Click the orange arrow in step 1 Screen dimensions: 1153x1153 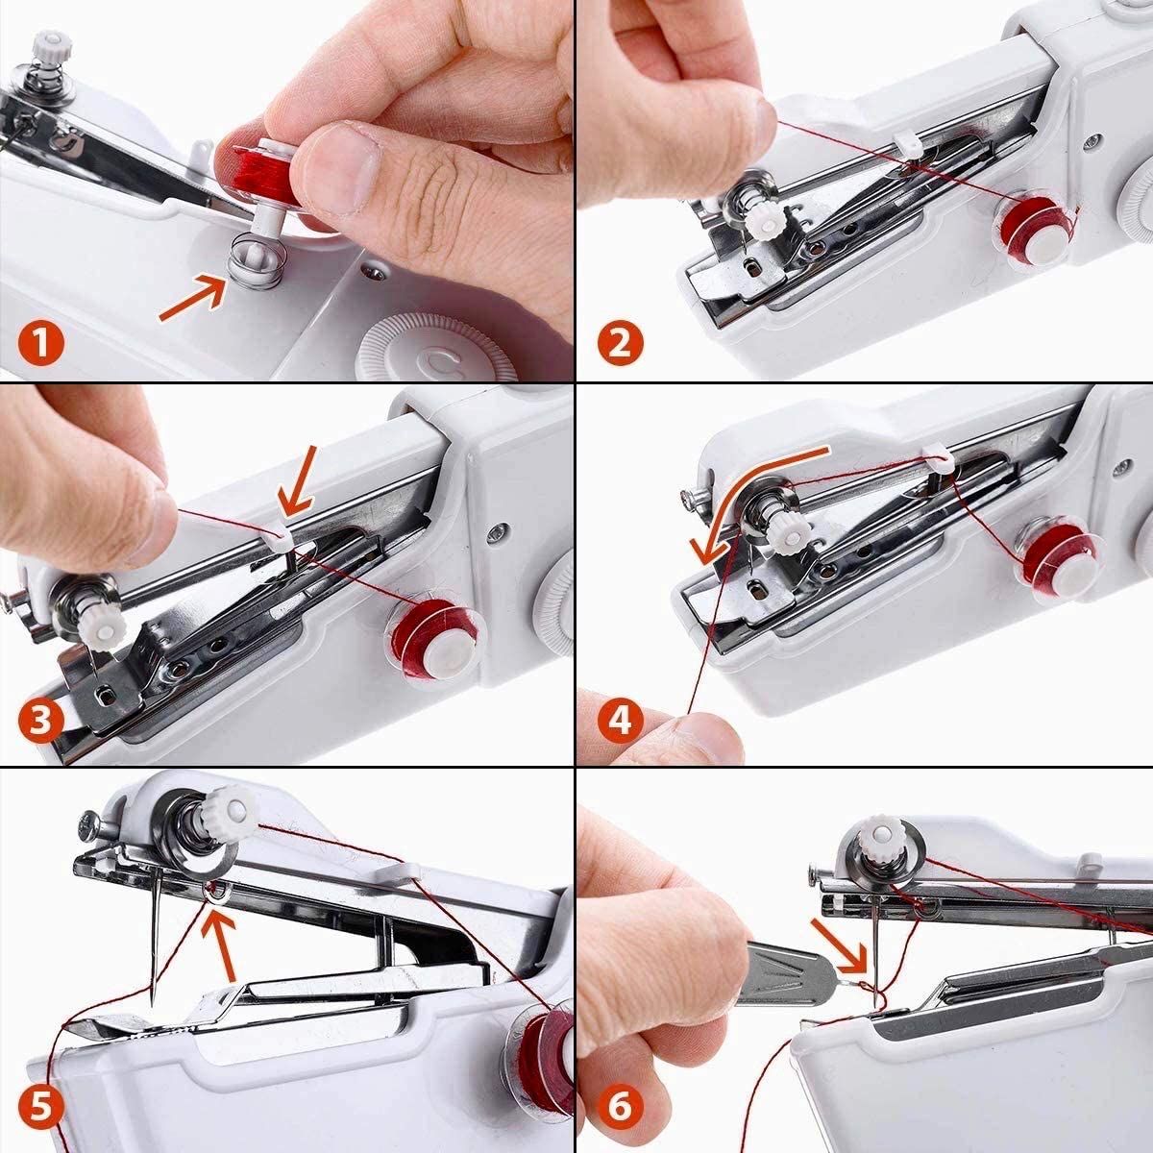pos(189,295)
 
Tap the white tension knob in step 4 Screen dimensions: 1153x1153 pos(780,532)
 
